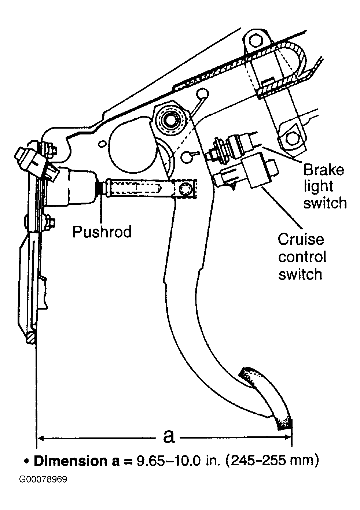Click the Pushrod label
click(102, 232)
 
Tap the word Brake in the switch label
click(324, 170)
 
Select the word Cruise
click(301, 240)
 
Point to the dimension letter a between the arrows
click(169, 436)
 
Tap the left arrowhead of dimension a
click(41, 437)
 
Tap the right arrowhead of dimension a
click(287, 437)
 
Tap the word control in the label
click(302, 257)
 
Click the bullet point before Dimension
click(27, 461)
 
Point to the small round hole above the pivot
click(202, 93)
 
